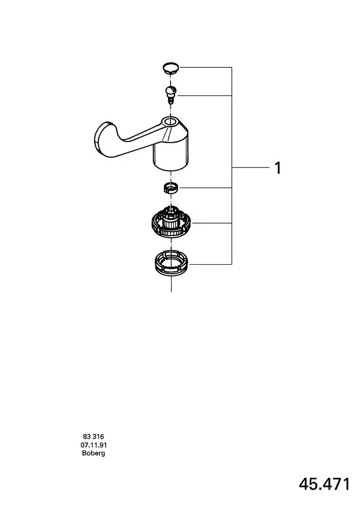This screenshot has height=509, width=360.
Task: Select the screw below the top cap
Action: coord(171,95)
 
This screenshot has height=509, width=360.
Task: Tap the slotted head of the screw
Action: coord(171,90)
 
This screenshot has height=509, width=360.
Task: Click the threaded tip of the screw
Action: coord(171,100)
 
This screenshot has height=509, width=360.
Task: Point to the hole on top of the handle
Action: coord(171,122)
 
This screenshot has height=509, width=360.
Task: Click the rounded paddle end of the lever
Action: coord(105,139)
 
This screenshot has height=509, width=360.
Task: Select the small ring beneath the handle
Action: coord(171,188)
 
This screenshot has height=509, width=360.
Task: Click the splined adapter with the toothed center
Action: coord(172,222)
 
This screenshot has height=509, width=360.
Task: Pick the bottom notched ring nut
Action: coord(171,264)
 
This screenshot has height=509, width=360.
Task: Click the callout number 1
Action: coord(278,168)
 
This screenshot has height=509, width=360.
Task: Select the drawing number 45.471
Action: coord(325,484)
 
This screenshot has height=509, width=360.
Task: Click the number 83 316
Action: coord(94,437)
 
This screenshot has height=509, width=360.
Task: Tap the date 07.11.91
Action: coord(94,445)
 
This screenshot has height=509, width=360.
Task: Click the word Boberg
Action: coord(94,453)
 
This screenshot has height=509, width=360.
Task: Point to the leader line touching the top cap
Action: coord(206,67)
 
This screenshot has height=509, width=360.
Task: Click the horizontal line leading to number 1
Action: coord(251,167)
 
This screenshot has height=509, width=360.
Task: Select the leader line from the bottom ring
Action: coord(211,264)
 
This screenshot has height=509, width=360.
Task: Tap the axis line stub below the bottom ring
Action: coord(171,285)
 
